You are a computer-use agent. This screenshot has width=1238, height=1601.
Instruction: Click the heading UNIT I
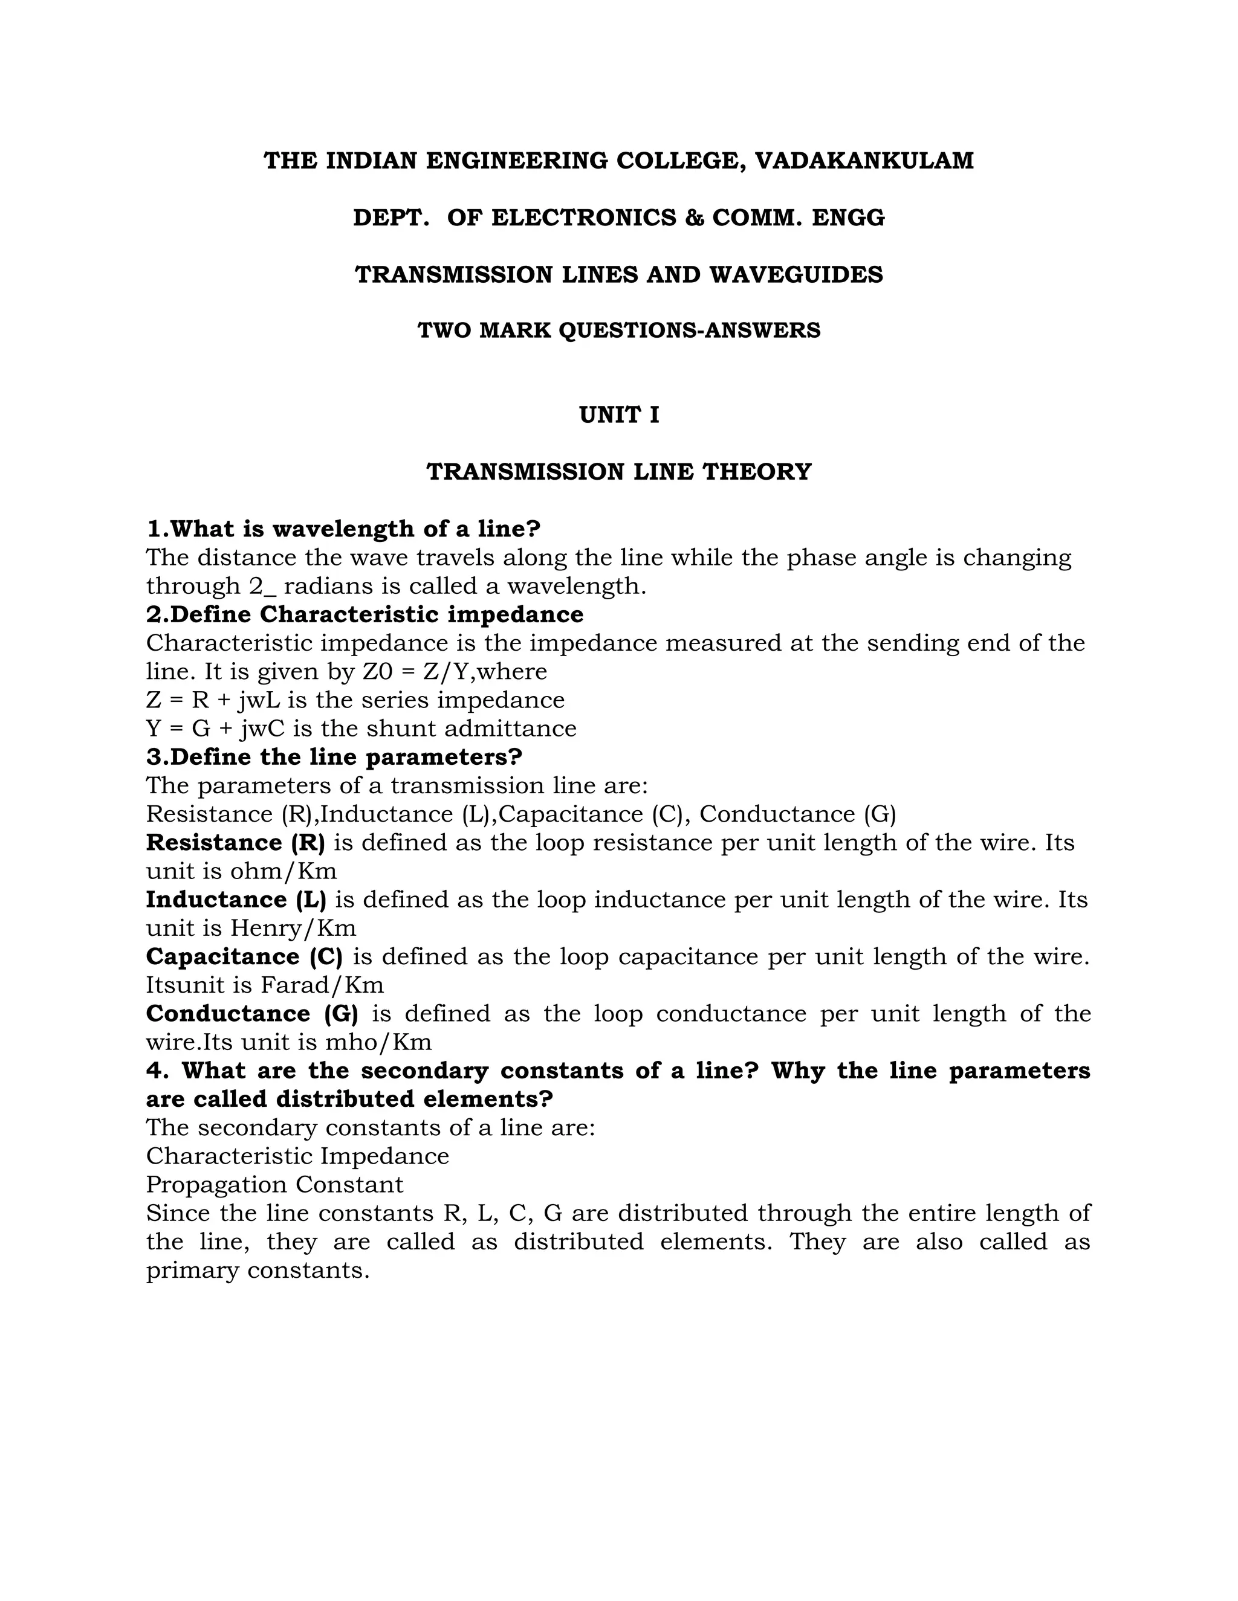click(x=619, y=416)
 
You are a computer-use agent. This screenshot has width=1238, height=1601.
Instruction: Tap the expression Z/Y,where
click(x=485, y=671)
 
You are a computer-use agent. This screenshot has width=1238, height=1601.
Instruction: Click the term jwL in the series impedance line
click(x=259, y=701)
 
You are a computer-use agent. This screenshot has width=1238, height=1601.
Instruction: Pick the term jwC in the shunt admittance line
click(x=261, y=729)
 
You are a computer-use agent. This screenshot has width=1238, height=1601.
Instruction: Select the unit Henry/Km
click(x=293, y=929)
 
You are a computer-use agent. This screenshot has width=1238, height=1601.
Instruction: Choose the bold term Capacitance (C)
click(x=244, y=956)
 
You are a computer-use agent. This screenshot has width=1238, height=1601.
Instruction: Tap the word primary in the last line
click(x=192, y=1271)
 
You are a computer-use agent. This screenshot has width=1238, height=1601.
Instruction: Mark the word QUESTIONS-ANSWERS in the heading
click(x=689, y=330)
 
